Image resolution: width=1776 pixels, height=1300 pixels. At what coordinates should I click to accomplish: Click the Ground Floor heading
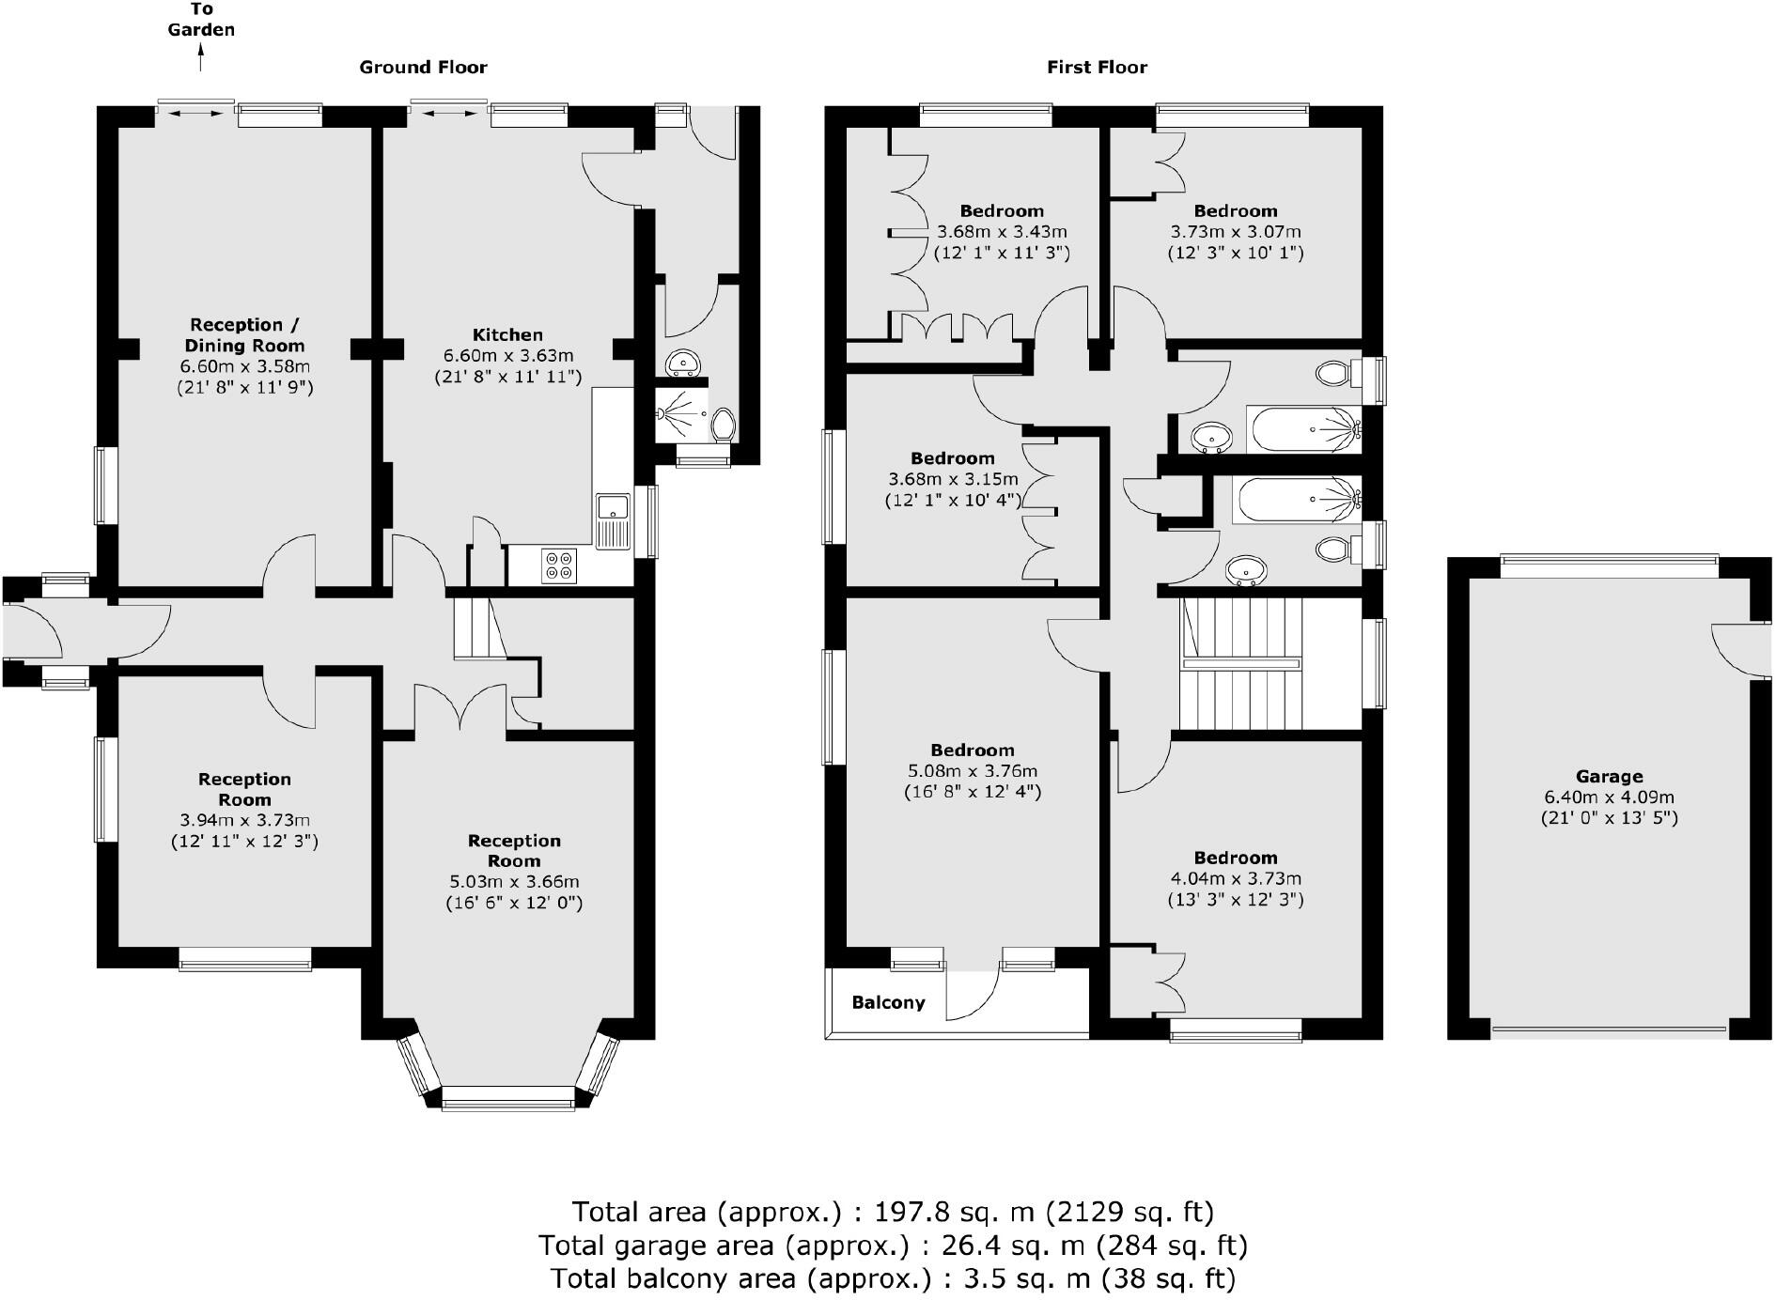[x=423, y=67]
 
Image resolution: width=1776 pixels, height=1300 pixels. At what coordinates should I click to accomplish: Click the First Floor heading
[x=1097, y=67]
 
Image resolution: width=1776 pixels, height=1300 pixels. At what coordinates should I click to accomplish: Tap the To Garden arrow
[x=200, y=59]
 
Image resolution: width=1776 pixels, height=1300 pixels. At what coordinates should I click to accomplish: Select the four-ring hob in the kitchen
[x=556, y=565]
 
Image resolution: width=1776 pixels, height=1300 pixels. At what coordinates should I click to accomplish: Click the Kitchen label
[x=507, y=334]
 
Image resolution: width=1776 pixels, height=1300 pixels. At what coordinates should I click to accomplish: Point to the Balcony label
[x=888, y=1002]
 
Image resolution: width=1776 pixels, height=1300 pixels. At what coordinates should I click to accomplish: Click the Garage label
[x=1609, y=776]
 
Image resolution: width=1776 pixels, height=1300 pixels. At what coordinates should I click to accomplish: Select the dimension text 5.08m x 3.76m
[x=972, y=770]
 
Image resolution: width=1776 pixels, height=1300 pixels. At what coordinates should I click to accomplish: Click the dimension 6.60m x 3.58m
[x=244, y=366]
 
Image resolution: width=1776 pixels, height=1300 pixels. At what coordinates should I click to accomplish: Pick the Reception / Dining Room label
[x=244, y=334]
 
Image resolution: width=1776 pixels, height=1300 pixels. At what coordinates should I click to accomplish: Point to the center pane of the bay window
[x=507, y=1097]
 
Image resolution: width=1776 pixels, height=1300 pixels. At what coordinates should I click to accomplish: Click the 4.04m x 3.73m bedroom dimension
[x=1235, y=878]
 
